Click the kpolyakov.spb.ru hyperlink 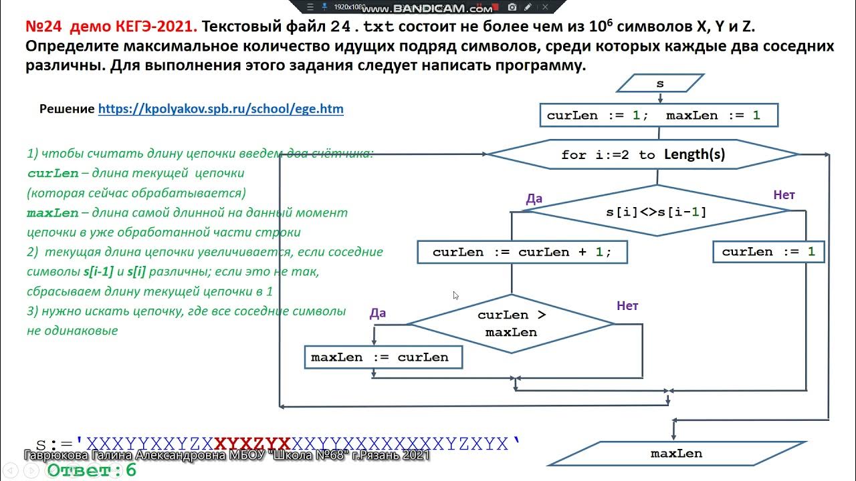coord(221,109)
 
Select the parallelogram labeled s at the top coord(660,84)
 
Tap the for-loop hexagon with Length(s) coord(643,154)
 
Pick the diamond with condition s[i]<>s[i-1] coord(656,212)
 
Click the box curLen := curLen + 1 coord(522,252)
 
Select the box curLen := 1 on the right coord(768,252)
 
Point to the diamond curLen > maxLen coord(511,323)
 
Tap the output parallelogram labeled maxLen coord(676,454)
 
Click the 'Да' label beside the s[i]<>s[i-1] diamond coord(534,198)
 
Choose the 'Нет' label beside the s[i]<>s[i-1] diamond coord(784,195)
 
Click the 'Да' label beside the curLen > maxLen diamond coord(378,313)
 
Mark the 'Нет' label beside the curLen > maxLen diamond coord(627,306)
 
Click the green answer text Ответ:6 coord(92,470)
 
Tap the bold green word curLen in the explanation coord(52,173)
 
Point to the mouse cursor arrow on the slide coord(455,295)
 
